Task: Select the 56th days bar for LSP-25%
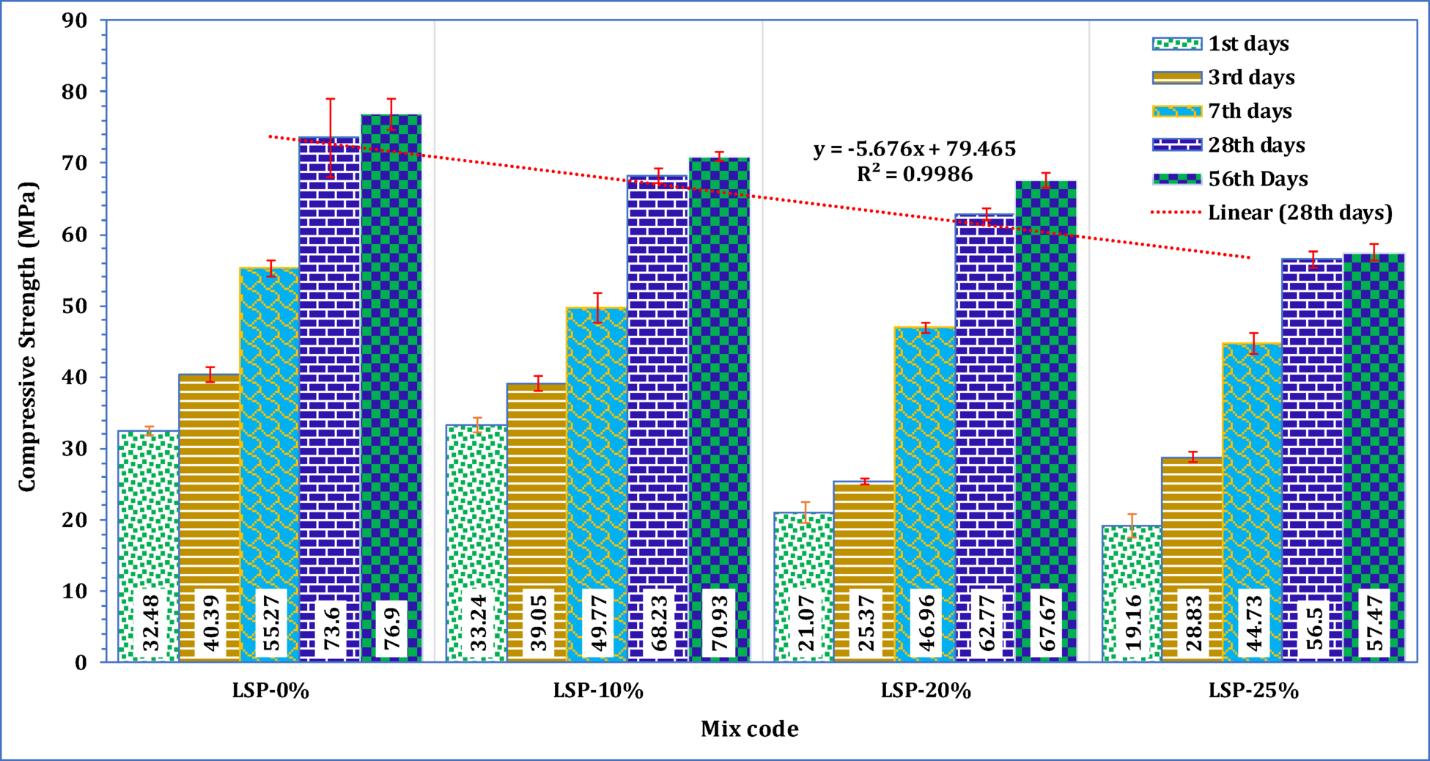click(x=1374, y=440)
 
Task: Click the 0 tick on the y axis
click(x=80, y=662)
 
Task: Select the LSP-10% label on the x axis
click(x=598, y=691)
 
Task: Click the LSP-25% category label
click(x=1253, y=691)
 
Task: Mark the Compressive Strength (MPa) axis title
click(x=27, y=337)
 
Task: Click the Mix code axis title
click(x=749, y=729)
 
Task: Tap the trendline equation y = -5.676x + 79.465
click(x=915, y=150)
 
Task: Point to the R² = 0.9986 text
click(x=915, y=174)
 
